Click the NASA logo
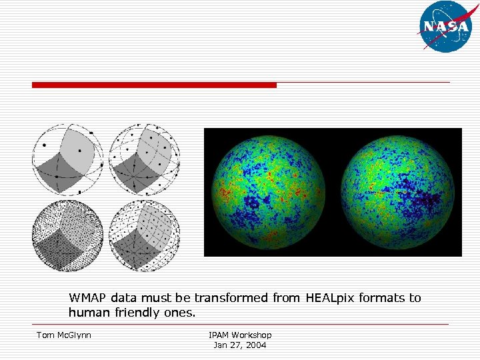coord(445,27)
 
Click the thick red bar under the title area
coord(154,85)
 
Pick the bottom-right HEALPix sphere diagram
coord(144,235)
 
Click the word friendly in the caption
coord(134,313)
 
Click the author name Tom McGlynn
coord(64,335)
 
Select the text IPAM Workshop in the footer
coord(240,335)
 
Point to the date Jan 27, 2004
coord(240,345)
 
